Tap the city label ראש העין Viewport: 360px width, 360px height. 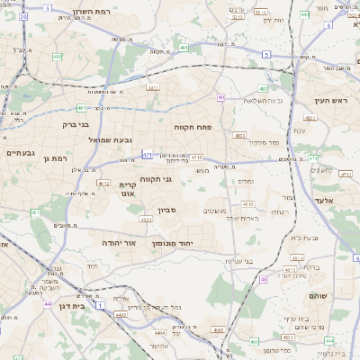point(330,101)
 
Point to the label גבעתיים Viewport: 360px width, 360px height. point(20,153)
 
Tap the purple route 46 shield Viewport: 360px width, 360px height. point(264,279)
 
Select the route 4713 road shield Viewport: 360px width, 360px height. point(196,157)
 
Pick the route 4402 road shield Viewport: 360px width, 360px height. point(121,314)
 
